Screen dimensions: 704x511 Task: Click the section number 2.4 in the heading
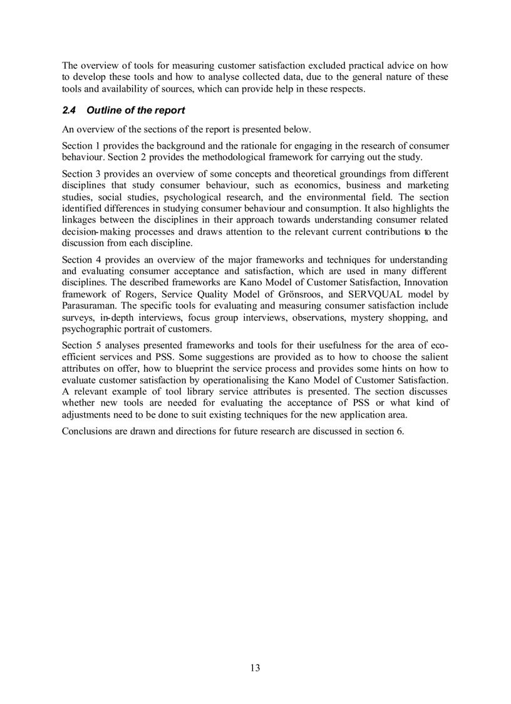click(69, 111)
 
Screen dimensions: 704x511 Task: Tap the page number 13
click(255, 668)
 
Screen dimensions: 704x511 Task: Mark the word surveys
click(78, 318)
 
